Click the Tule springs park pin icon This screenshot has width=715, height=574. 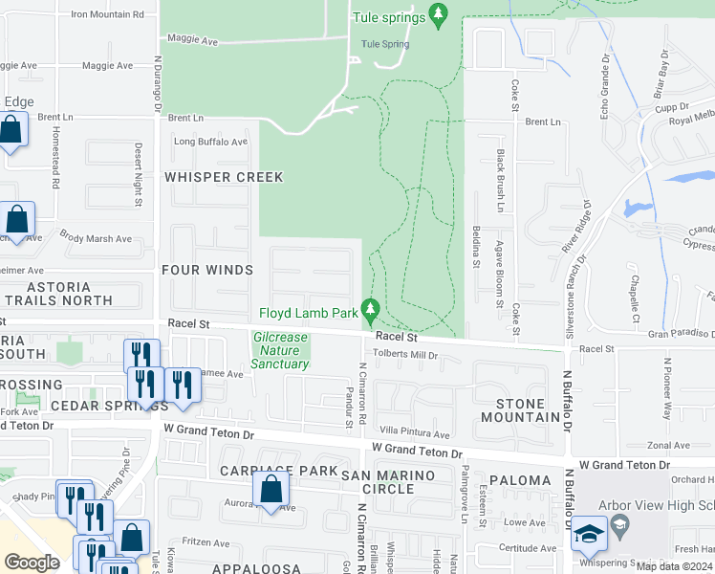pos(439,14)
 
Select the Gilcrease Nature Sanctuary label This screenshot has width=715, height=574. pos(281,350)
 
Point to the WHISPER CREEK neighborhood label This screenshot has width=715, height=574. pos(224,177)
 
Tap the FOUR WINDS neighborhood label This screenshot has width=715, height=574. pos(207,271)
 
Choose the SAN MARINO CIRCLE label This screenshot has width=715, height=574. pos(388,482)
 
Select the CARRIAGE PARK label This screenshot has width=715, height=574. pos(278,471)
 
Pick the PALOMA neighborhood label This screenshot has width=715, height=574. pos(520,480)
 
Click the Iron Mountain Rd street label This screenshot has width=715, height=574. pos(107,15)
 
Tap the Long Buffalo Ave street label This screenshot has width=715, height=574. pos(210,142)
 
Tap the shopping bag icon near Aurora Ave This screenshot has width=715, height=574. pos(272,489)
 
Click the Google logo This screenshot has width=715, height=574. pos(32,563)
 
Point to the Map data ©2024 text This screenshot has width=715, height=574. pos(673,566)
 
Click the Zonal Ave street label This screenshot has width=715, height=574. pos(668,446)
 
